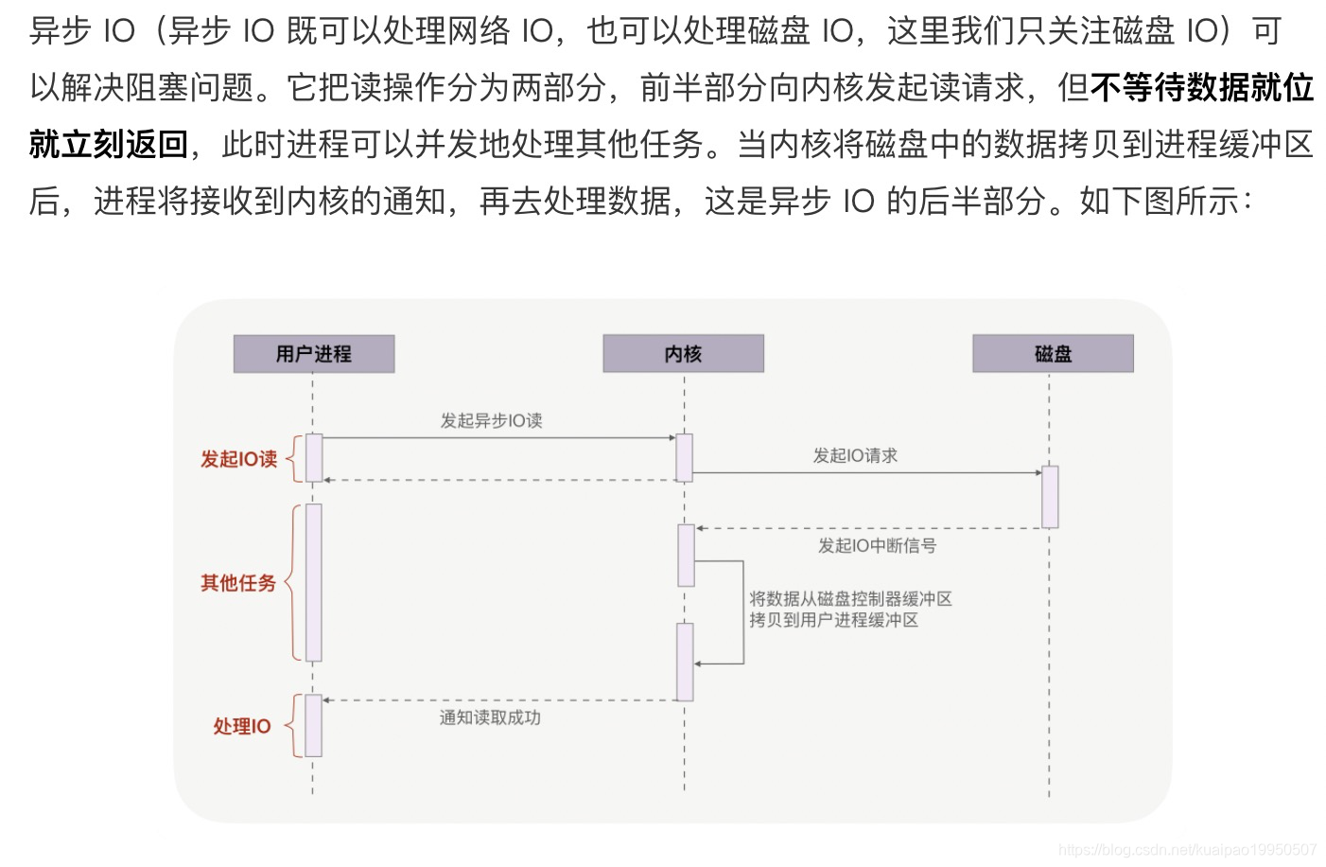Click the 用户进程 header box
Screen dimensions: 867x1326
coord(313,354)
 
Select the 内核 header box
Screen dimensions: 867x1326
coord(683,354)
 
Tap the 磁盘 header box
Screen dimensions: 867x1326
coord(1053,354)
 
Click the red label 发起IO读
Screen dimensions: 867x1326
coord(238,459)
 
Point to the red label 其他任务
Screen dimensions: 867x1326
coord(238,583)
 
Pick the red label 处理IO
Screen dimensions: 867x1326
coord(242,726)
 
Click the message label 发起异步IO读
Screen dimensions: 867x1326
coord(491,420)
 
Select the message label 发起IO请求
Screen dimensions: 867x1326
coord(855,455)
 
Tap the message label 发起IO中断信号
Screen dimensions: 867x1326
coord(877,545)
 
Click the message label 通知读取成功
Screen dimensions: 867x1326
coord(490,717)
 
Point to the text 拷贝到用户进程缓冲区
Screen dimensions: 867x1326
coord(833,620)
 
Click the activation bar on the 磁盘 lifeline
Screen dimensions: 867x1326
coord(1050,496)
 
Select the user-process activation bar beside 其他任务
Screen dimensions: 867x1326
coord(313,582)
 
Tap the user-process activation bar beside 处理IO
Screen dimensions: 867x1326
coord(313,725)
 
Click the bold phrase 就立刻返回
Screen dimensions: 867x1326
coord(109,144)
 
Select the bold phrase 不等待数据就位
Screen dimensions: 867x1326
coord(1202,88)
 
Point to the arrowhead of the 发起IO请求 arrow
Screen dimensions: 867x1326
coord(1037,472)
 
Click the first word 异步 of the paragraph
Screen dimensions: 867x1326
coord(60,31)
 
